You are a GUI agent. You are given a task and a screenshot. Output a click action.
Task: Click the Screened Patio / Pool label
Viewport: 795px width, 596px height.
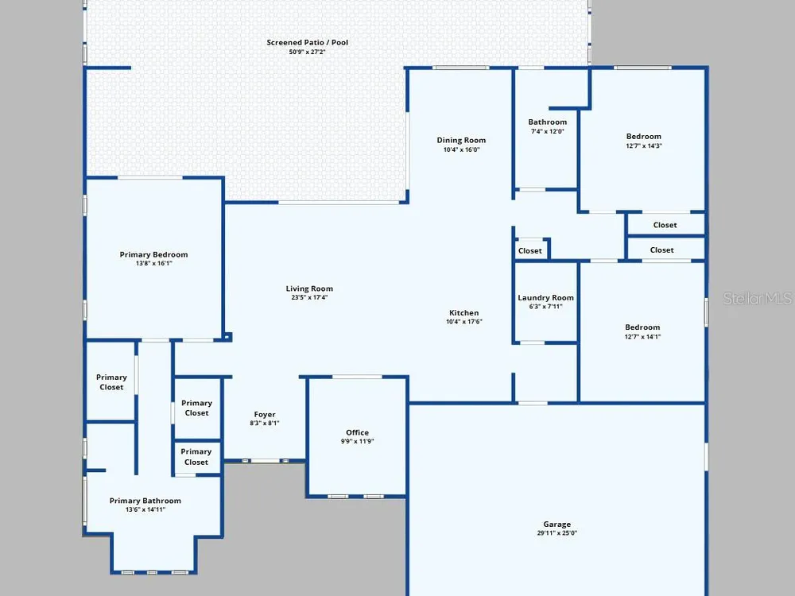click(307, 43)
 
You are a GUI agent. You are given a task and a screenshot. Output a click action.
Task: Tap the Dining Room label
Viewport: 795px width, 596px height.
click(461, 141)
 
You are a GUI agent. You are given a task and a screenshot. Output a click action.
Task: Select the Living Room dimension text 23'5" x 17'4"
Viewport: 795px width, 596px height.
click(308, 297)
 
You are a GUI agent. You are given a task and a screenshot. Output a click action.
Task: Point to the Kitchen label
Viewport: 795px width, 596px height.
click(464, 313)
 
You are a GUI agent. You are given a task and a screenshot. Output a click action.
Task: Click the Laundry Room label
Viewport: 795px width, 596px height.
click(545, 298)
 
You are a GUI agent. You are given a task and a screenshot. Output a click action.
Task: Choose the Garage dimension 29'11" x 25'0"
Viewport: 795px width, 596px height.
click(556, 533)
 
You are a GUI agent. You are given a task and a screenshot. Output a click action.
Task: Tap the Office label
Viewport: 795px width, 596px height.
click(358, 432)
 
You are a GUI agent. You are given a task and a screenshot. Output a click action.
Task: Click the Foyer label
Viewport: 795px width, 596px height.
click(265, 415)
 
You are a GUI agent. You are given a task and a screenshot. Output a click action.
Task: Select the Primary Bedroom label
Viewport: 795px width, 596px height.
click(153, 254)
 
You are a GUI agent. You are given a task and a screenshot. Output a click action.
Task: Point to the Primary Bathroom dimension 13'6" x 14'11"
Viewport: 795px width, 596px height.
click(145, 510)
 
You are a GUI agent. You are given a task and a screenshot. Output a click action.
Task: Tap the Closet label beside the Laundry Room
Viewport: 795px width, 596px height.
click(529, 251)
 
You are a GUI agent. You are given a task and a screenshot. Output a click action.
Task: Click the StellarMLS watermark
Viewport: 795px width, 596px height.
click(758, 299)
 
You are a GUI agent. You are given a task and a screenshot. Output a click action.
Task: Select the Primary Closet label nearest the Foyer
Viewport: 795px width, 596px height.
click(196, 408)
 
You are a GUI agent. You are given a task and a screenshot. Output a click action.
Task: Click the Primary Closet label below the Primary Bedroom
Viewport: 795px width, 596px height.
click(111, 382)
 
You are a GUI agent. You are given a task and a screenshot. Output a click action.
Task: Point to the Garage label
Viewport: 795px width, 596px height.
click(557, 524)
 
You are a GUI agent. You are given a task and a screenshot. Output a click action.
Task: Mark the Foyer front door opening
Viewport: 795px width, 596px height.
click(266, 461)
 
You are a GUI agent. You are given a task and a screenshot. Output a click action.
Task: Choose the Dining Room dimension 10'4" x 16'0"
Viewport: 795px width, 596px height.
click(461, 149)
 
